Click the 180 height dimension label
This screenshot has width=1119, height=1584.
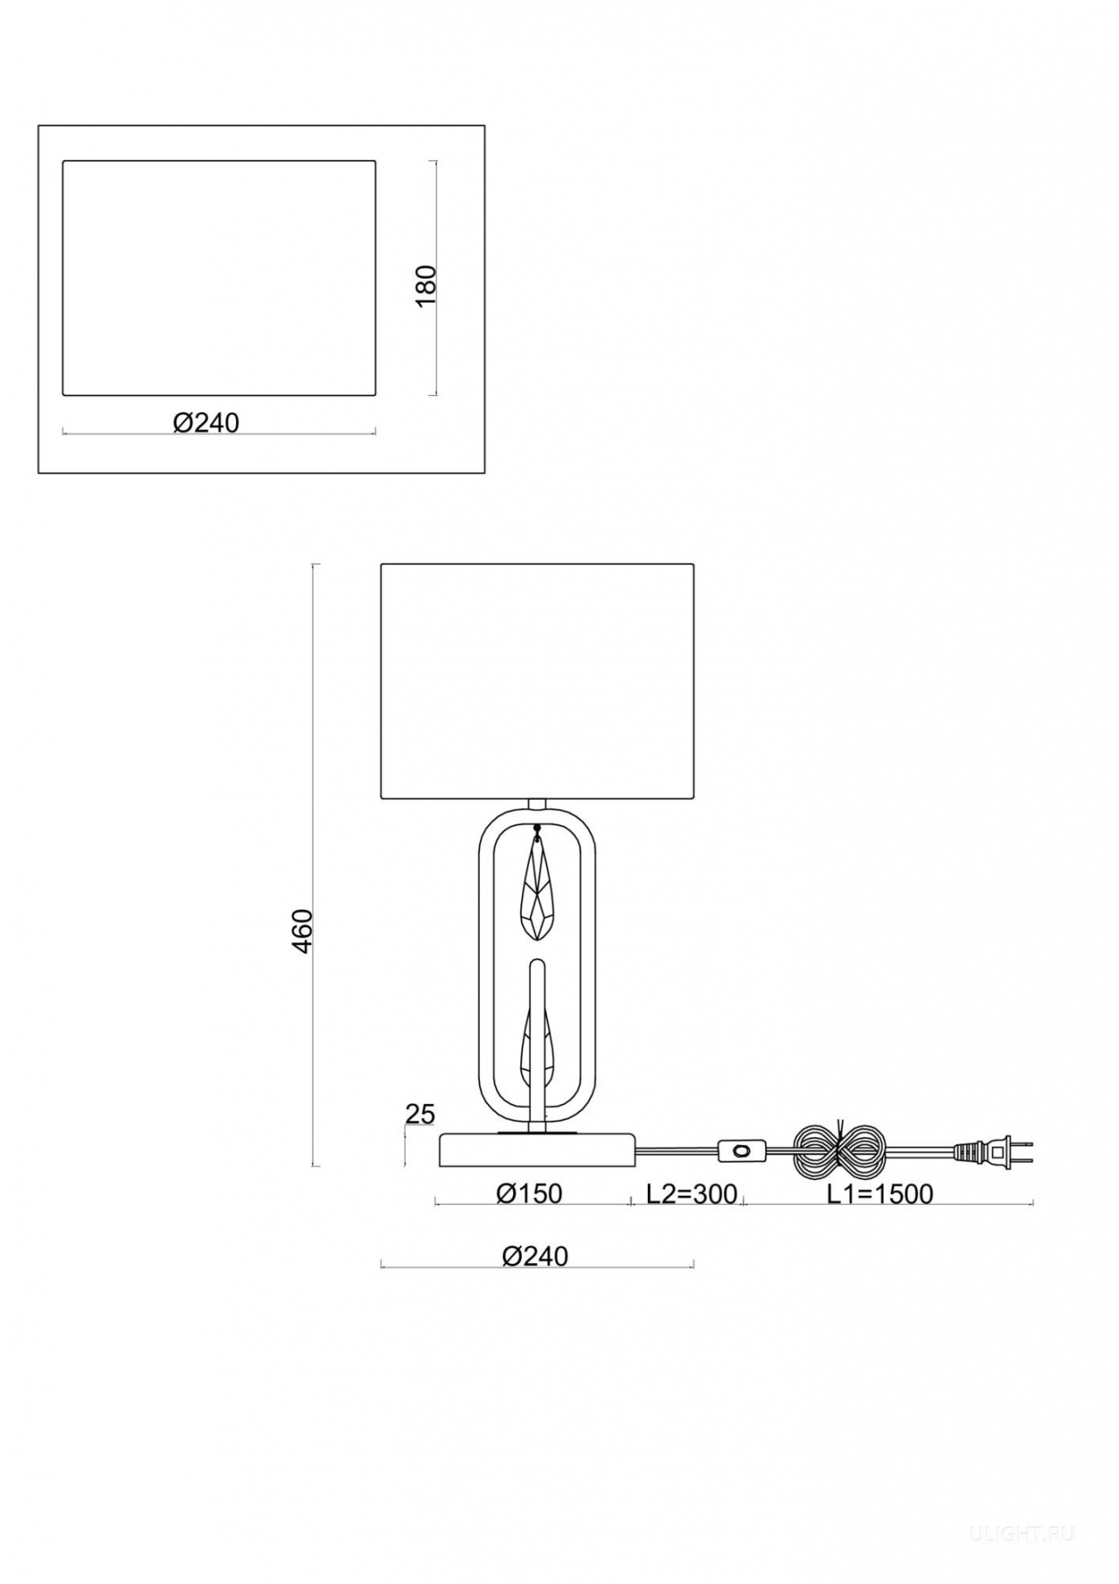[426, 285]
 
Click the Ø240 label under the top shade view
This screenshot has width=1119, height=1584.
[206, 422]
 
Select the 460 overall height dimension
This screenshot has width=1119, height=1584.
[302, 931]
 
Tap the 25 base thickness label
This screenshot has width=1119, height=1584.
[420, 1114]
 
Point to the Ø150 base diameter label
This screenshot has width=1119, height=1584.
[529, 1193]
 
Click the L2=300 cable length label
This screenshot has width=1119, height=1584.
[692, 1193]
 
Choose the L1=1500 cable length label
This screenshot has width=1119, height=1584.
[880, 1193]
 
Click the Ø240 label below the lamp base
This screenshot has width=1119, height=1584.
[535, 1256]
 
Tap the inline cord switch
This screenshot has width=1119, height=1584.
[743, 1151]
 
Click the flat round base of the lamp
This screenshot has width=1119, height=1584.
[537, 1150]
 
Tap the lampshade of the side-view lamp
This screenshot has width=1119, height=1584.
[537, 681]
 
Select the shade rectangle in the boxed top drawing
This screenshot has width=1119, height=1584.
[219, 277]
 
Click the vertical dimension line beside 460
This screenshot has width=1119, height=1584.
[315, 865]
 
